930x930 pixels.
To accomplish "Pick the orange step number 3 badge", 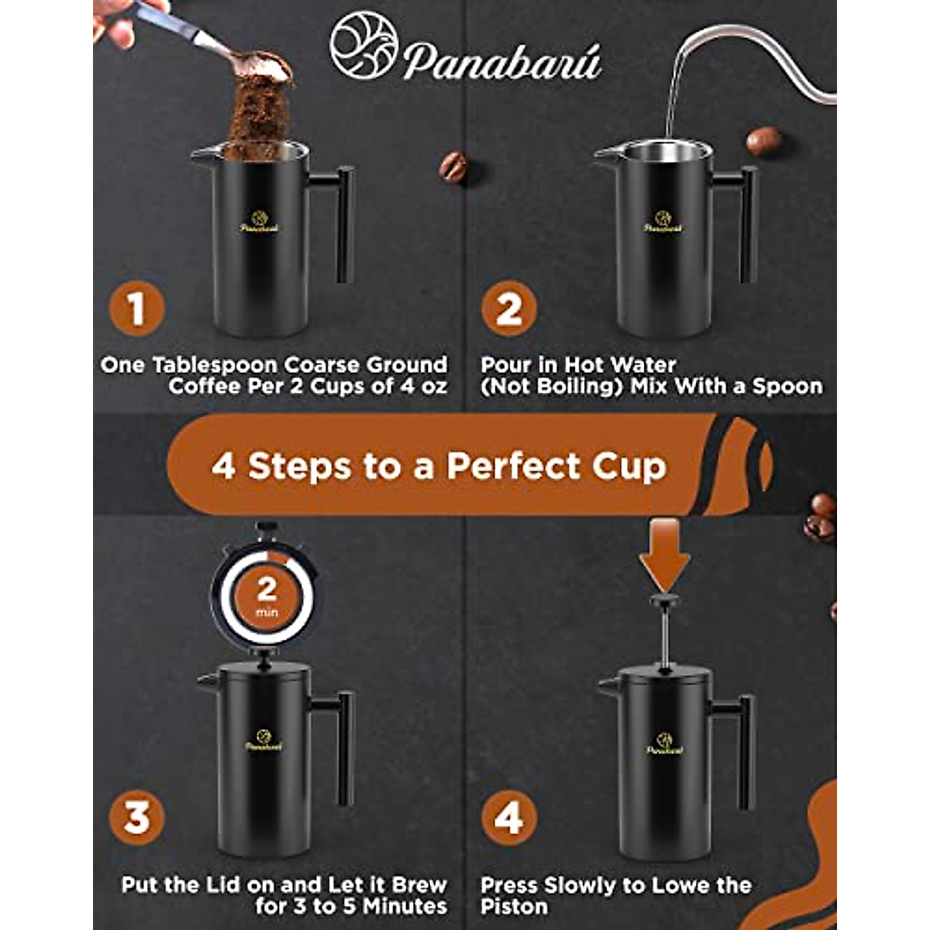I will [137, 818].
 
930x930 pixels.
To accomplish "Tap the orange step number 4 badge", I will [508, 818].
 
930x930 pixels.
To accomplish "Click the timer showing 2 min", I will [266, 598].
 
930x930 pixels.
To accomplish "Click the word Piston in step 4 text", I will [514, 906].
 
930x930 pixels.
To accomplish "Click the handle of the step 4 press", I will [745, 752].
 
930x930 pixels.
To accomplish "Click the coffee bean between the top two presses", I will [453, 167].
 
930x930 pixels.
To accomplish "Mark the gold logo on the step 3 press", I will [263, 740].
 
